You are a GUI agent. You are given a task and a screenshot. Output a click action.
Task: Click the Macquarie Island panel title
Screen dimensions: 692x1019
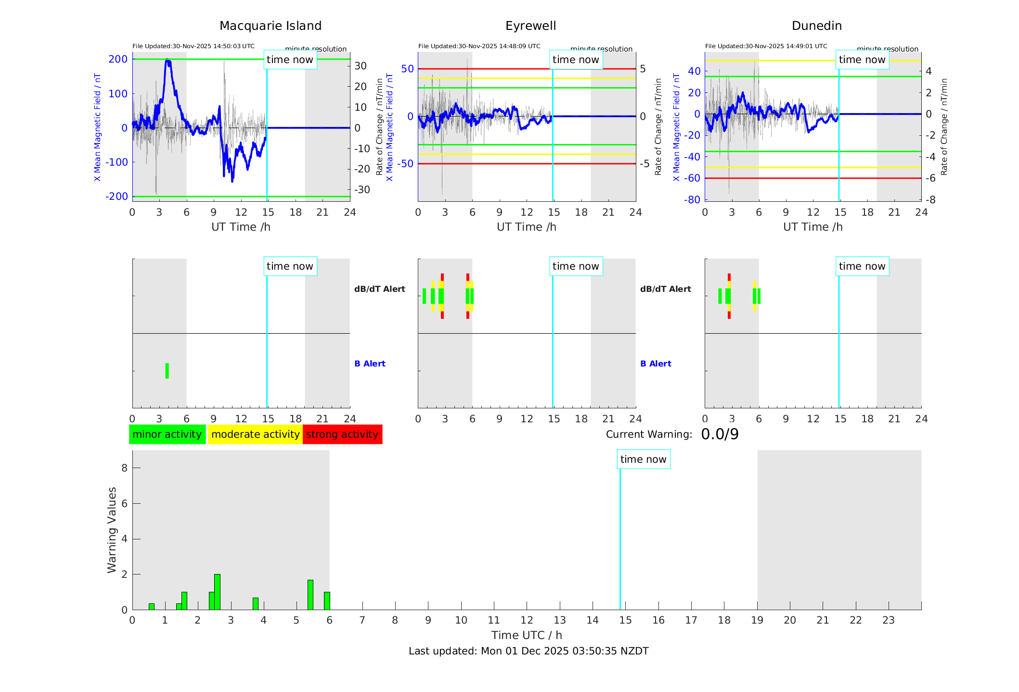point(271,26)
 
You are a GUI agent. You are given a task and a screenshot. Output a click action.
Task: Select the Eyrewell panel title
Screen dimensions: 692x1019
point(530,26)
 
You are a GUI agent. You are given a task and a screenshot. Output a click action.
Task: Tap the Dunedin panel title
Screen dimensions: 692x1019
point(816,26)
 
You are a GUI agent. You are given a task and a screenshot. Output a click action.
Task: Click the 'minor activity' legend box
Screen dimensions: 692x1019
point(167,434)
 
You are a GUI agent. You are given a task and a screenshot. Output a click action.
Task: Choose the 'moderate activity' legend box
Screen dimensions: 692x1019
point(255,434)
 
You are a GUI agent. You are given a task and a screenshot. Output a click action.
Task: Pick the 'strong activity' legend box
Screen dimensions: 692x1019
point(342,434)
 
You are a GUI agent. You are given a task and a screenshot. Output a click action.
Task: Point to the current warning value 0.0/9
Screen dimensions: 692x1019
point(720,434)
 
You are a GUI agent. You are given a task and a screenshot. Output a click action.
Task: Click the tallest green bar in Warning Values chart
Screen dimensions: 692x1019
point(217,592)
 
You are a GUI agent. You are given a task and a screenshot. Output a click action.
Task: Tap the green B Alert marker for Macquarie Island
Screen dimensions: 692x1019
point(167,371)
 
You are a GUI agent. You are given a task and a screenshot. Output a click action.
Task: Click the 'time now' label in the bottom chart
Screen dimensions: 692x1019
point(643,459)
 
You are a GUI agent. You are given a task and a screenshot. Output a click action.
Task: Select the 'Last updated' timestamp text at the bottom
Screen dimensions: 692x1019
point(529,651)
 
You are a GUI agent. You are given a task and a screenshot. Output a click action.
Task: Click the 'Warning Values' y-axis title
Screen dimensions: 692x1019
point(112,530)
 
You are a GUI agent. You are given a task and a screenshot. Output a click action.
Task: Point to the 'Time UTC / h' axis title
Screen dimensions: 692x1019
point(527,635)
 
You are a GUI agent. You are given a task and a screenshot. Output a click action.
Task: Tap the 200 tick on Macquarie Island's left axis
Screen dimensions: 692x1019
point(118,59)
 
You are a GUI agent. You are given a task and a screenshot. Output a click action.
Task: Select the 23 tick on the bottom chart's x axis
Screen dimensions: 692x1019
point(888,620)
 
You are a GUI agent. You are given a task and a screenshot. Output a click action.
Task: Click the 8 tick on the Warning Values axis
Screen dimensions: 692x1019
point(124,468)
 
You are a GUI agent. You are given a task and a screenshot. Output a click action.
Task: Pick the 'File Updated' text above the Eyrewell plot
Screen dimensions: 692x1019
point(479,46)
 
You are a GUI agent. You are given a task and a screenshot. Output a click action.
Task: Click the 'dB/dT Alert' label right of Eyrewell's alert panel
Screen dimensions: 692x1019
point(665,289)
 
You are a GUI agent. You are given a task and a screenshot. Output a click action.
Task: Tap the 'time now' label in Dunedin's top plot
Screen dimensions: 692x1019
point(862,60)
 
